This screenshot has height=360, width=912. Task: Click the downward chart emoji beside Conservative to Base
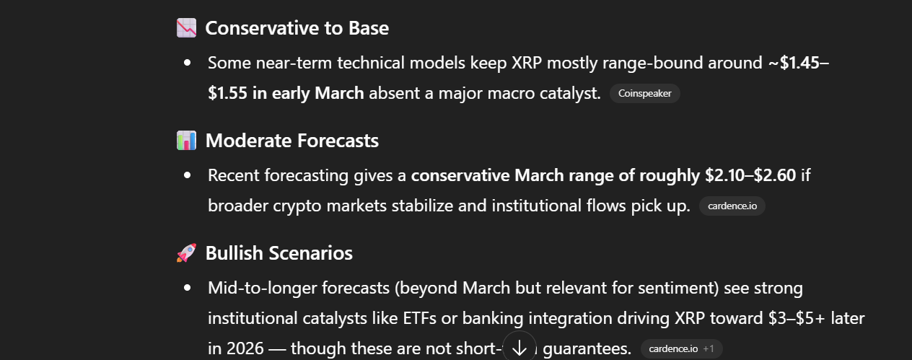[186, 28]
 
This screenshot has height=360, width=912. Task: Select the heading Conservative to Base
[297, 28]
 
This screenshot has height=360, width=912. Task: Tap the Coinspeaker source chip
[644, 93]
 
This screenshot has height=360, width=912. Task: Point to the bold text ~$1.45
[794, 62]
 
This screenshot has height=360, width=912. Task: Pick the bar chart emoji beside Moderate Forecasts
[186, 141]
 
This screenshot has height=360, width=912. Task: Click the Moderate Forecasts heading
[291, 141]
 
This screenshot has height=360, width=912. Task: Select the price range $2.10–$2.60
[750, 175]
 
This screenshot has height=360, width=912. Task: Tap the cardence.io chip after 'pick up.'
[732, 206]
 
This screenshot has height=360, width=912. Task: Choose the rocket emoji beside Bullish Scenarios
[186, 253]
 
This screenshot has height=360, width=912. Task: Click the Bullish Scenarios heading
[279, 253]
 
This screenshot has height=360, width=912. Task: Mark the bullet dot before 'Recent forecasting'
[188, 175]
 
